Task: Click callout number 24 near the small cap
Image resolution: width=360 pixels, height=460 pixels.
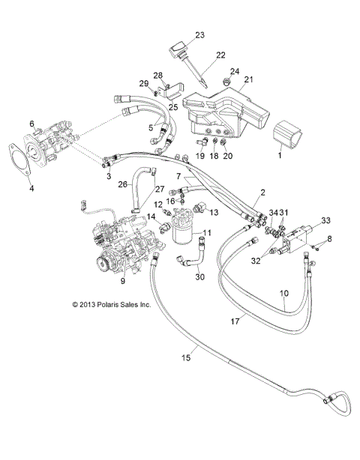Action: [x=235, y=72]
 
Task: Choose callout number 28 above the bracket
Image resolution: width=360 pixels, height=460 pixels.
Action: [x=158, y=75]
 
